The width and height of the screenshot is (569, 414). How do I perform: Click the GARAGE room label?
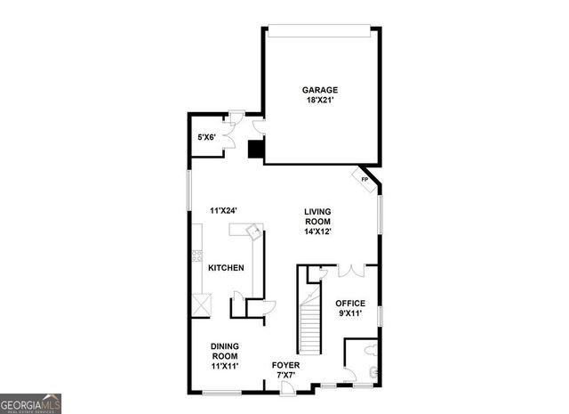click(320, 90)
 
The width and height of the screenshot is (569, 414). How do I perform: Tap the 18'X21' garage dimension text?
click(320, 101)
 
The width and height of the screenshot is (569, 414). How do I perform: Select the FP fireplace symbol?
click(365, 178)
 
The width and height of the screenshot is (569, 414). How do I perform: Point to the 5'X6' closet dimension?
click(206, 137)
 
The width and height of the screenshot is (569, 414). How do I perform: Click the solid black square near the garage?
click(256, 148)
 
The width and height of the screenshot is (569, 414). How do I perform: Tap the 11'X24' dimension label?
click(223, 211)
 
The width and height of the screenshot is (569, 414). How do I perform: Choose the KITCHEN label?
click(226, 268)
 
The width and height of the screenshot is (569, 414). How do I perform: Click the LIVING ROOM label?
click(317, 216)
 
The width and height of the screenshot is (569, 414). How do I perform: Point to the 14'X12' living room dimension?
click(317, 231)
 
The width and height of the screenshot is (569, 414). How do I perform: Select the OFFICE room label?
click(350, 304)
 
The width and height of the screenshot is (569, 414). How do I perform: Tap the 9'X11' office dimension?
click(350, 314)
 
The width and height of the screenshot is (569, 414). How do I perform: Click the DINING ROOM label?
click(224, 351)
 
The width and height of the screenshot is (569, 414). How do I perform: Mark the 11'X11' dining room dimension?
click(224, 365)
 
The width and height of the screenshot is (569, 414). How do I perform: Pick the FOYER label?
click(285, 365)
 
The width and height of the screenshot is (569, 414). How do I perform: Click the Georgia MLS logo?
click(31, 402)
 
